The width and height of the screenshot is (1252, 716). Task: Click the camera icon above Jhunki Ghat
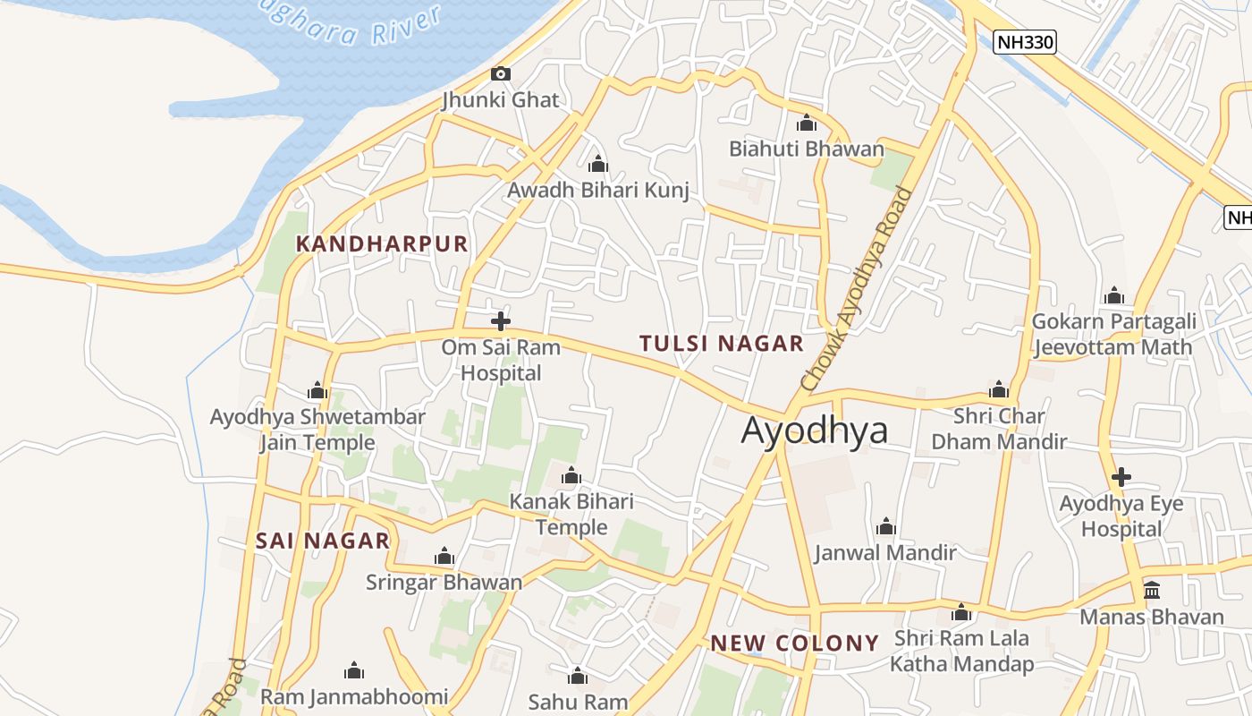[501, 73]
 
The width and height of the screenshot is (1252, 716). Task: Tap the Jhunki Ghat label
[501, 100]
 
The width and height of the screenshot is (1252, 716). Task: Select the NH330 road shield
[1025, 41]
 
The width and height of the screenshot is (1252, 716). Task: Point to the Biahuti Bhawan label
[807, 149]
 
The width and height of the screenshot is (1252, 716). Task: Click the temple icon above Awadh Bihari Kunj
[598, 165]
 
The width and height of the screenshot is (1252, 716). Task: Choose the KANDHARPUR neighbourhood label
[382, 243]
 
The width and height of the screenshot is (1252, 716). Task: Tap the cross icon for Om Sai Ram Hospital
[501, 320]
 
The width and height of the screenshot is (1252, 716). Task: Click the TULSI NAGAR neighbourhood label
[722, 344]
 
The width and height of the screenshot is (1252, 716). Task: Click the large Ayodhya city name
[815, 430]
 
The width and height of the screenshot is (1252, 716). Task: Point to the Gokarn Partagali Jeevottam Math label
[1113, 334]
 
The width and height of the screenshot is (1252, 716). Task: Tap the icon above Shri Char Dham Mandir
[999, 390]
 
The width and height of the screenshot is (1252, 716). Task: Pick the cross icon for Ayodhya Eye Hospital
[1121, 477]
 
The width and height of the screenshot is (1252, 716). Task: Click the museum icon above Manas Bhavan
[1152, 591]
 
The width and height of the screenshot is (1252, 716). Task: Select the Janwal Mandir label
[885, 552]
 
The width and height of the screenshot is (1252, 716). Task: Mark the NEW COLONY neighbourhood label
[795, 643]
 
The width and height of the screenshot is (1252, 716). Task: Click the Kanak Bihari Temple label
[571, 514]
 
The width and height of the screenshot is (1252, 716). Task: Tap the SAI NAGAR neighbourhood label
[323, 541]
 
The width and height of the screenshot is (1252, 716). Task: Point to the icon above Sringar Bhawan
[444, 557]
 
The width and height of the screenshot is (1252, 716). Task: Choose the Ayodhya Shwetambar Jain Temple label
[317, 430]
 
